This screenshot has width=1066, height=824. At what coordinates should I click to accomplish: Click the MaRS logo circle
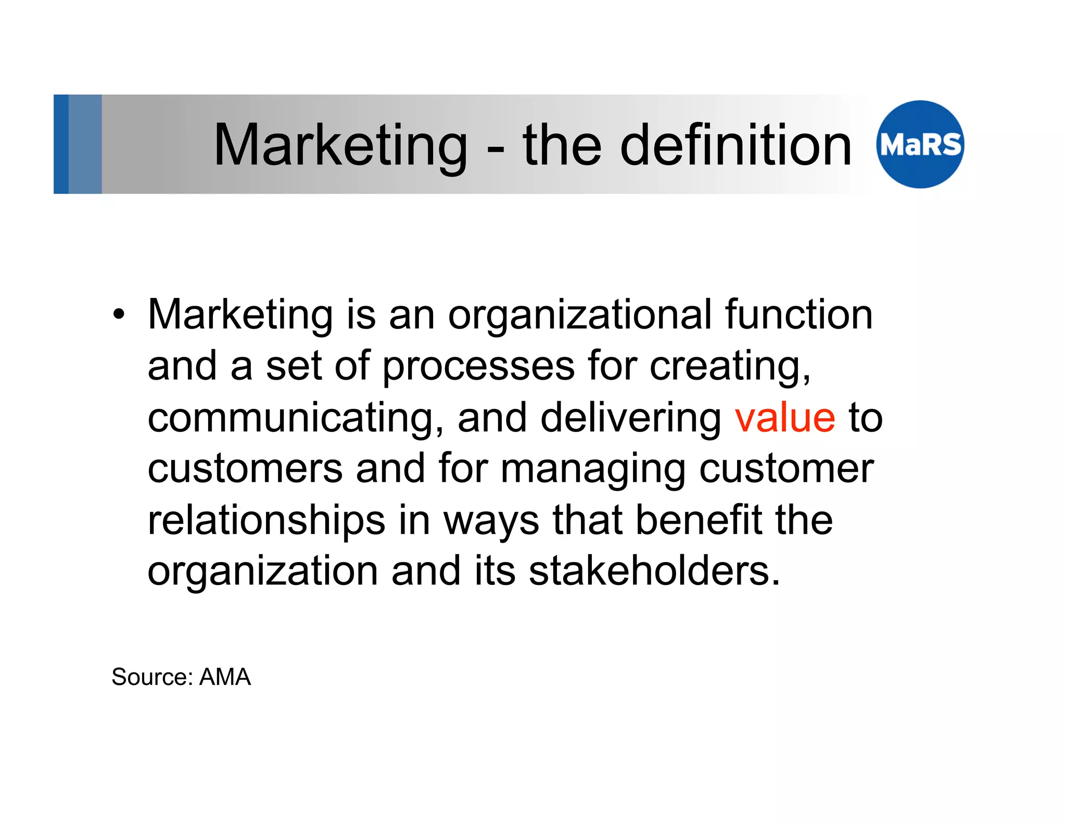[x=920, y=144]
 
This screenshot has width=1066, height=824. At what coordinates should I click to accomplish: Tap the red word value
[x=785, y=418]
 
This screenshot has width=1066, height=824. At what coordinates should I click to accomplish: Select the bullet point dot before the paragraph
[x=119, y=315]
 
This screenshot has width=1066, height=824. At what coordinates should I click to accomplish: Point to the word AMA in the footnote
[x=225, y=677]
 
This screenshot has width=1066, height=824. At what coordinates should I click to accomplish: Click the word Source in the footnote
[x=152, y=677]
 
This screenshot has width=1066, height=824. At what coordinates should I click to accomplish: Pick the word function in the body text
[x=798, y=315]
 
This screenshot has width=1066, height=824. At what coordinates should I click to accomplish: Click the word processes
[x=478, y=366]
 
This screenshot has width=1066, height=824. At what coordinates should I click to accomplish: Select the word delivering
[x=630, y=418]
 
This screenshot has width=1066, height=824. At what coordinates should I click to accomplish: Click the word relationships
[x=266, y=520]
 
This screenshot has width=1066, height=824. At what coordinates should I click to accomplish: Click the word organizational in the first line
[x=579, y=315]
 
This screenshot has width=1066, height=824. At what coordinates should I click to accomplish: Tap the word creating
[x=730, y=366]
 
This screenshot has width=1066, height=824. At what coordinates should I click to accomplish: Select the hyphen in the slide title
[x=496, y=148]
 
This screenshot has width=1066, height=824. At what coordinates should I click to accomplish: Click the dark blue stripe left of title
[x=61, y=144]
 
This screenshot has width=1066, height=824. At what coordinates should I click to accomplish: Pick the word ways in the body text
[x=491, y=520]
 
